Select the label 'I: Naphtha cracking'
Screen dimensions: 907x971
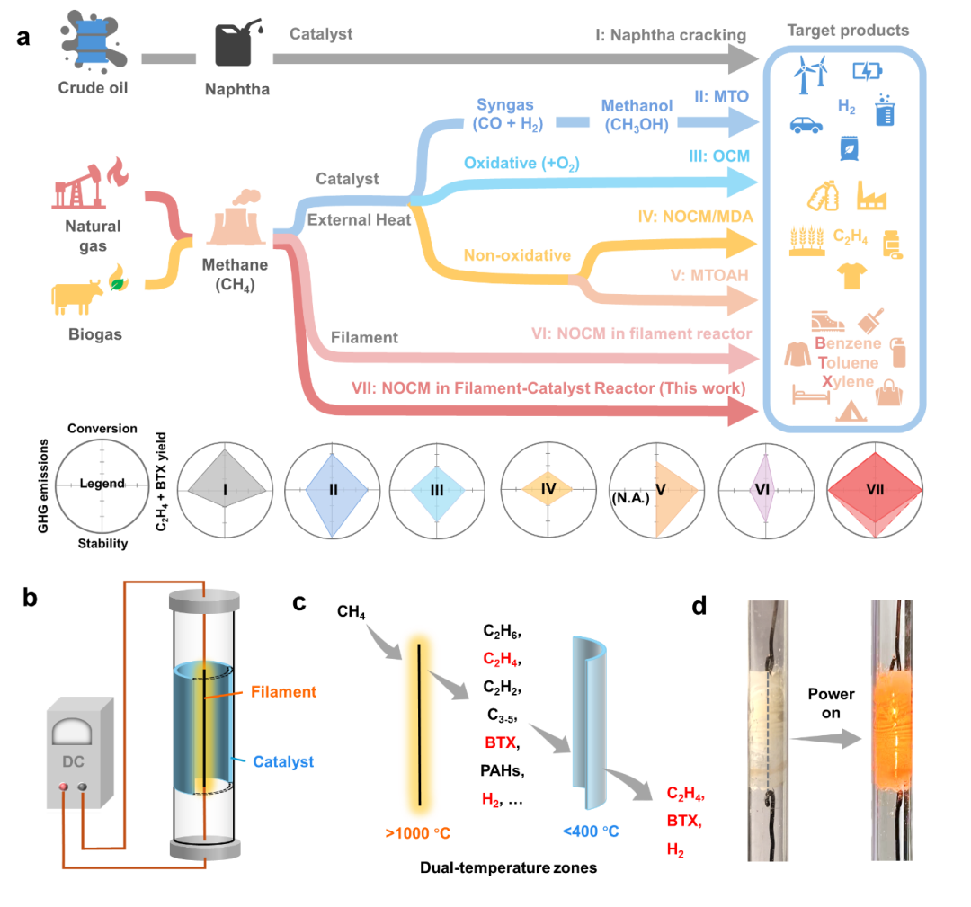[x=671, y=36]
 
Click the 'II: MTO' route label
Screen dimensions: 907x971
[x=722, y=96]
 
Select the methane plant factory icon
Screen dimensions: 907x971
[x=236, y=222]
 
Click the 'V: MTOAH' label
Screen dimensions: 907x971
[x=710, y=276]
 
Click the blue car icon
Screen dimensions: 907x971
[x=806, y=125]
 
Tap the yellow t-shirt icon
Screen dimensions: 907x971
[x=850, y=274]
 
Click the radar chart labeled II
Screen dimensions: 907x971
[x=333, y=490]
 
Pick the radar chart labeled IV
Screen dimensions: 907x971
[x=548, y=490]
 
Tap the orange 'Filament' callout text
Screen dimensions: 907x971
[x=285, y=692]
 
